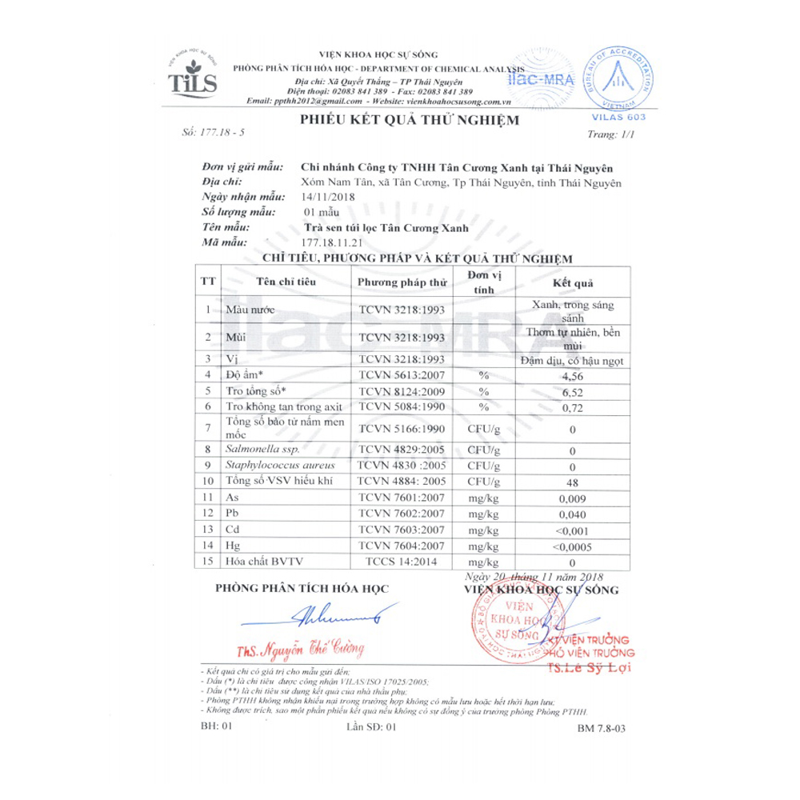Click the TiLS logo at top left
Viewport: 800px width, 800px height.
pos(193,77)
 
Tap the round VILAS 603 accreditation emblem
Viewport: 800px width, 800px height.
pos(615,78)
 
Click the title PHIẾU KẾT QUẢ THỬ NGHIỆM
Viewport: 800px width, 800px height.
pos(409,120)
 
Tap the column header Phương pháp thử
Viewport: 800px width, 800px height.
pos(401,282)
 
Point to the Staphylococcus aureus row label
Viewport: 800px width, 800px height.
pos(268,466)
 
